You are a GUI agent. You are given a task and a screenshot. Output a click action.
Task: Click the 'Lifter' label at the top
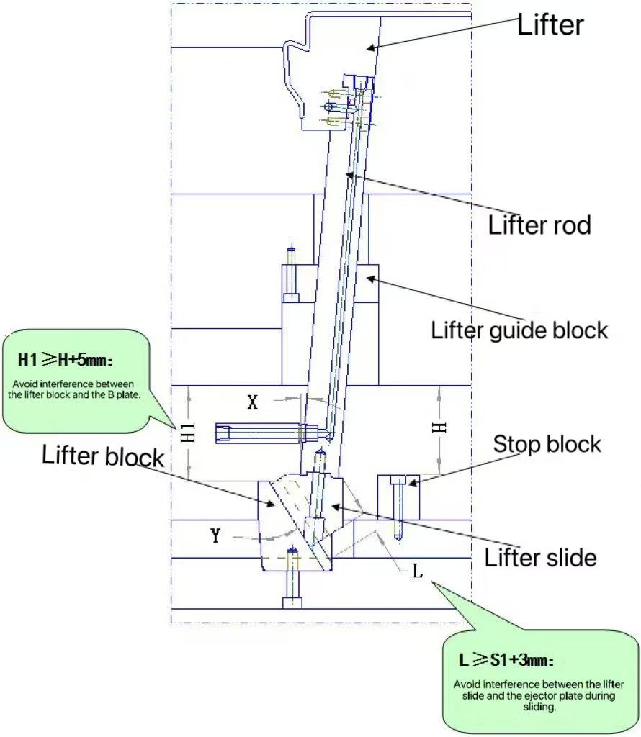coord(550,25)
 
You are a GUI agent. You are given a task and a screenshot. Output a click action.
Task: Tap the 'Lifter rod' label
coord(539,225)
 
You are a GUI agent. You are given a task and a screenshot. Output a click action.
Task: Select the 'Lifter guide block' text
coord(519,330)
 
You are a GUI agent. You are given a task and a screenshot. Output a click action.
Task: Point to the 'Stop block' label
coord(547,444)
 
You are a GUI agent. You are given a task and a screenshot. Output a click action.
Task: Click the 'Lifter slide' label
coord(540,556)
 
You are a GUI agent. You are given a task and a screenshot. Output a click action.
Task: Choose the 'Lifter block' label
coord(103,456)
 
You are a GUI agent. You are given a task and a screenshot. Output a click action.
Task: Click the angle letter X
coord(252,402)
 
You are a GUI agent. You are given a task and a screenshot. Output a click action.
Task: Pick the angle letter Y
coord(215,535)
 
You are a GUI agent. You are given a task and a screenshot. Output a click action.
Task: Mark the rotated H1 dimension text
coord(187,433)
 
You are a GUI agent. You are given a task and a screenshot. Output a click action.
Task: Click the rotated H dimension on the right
coord(439,426)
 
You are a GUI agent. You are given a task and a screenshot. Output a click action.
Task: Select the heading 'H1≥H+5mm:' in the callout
coord(62,358)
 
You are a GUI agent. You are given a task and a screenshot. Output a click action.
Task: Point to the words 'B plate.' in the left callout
coord(133,395)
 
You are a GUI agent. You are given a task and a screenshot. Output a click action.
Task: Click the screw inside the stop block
coord(398,507)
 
